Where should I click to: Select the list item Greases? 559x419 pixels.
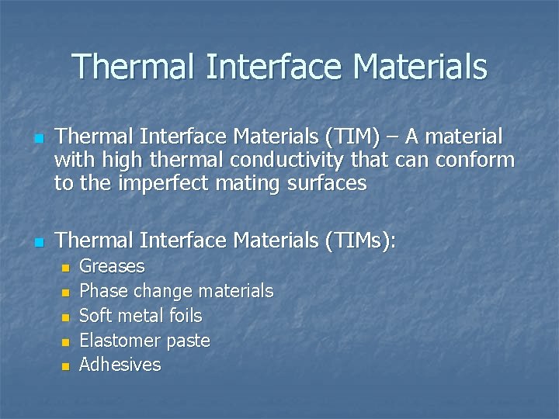coord(112,266)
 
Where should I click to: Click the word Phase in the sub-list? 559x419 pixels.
coord(104,291)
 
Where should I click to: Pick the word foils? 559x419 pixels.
coord(184,316)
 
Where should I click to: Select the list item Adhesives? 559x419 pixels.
coord(120,365)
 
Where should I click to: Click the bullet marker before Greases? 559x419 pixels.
coord(65,268)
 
